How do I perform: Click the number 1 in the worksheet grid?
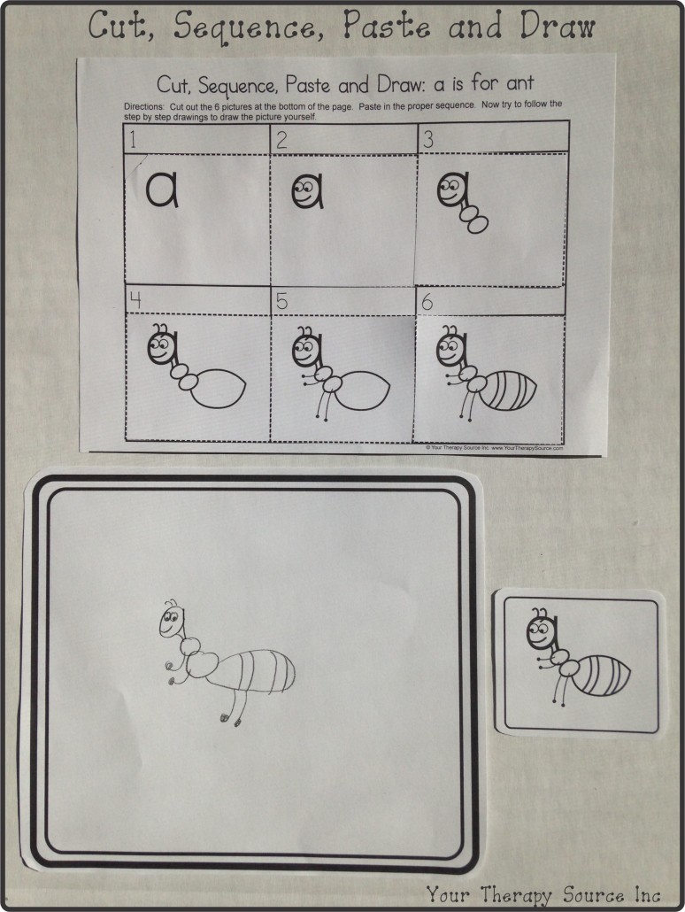pos(132,139)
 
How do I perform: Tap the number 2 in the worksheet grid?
pos(281,139)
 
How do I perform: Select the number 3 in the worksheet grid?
pos(427,139)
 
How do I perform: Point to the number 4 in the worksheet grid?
pos(135,300)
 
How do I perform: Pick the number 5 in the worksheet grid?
pos(281,301)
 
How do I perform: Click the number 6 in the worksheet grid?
pos(427,301)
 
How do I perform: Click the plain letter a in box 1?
pos(162,189)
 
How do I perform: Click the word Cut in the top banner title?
pos(119,27)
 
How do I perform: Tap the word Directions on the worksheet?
pos(146,105)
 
